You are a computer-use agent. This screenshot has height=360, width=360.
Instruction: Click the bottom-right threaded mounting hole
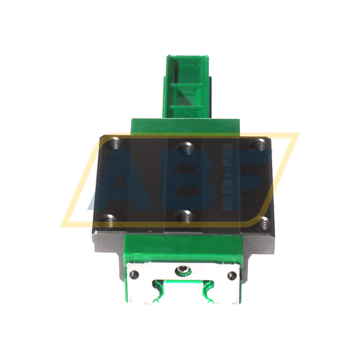point(264,219)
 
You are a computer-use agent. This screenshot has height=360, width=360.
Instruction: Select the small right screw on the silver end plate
point(233,276)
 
